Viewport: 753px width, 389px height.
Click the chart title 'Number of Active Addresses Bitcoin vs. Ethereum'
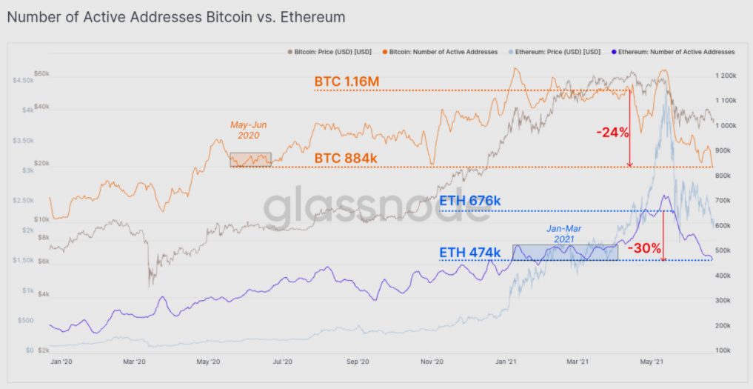point(176,16)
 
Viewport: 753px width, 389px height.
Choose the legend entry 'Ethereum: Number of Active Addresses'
point(677,52)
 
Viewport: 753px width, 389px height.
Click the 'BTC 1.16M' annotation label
point(347,81)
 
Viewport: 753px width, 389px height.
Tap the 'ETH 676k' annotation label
point(470,201)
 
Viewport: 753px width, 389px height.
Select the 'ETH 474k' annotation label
point(470,252)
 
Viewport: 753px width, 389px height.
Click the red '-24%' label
point(612,133)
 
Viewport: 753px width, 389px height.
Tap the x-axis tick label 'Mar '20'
point(134,362)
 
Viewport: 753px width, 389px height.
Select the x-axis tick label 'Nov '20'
point(432,362)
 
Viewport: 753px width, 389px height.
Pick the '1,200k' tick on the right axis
point(725,76)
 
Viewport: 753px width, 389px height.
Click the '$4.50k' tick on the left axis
point(23,79)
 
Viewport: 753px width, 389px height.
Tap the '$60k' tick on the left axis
point(41,75)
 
